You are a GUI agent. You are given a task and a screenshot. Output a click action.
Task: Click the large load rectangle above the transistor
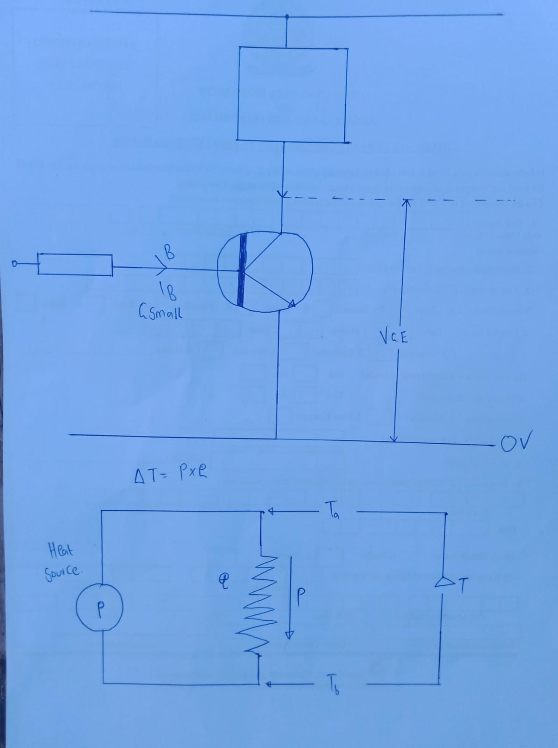click(x=292, y=93)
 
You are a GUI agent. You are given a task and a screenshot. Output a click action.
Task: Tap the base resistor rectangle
click(x=75, y=265)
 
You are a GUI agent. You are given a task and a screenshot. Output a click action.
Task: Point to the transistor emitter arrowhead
click(x=292, y=304)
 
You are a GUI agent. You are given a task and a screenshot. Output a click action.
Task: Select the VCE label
click(x=394, y=337)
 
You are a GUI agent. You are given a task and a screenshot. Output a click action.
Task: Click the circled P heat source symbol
click(x=100, y=607)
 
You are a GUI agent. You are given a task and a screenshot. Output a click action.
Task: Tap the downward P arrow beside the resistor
click(x=290, y=598)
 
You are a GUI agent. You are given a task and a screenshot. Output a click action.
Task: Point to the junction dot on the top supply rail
click(x=287, y=16)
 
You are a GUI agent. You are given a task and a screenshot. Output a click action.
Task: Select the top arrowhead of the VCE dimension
click(x=406, y=203)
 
